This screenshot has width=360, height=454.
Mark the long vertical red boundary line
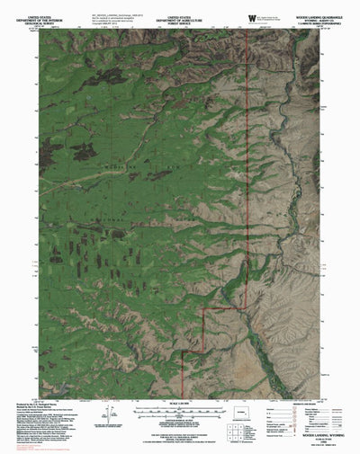point(247,180)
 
